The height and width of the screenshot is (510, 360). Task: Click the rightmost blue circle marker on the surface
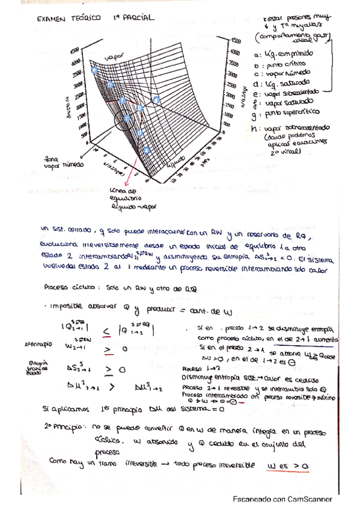pyautogui.click(x=157, y=99)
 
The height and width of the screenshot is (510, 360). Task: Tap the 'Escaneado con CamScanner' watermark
pyautogui.click(x=282, y=499)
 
